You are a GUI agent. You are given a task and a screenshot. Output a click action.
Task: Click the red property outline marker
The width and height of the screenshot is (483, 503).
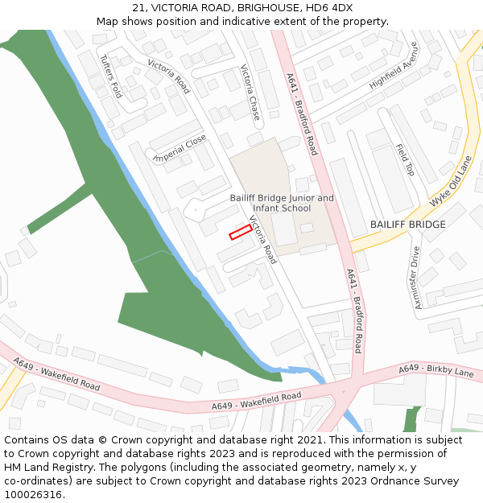tap(241, 232)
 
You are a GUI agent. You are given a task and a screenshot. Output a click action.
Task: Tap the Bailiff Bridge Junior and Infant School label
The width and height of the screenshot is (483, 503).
tap(282, 203)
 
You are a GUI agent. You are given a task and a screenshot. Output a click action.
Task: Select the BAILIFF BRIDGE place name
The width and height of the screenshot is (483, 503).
tap(407, 225)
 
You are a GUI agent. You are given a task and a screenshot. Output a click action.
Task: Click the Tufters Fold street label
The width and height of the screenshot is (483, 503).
tap(110, 76)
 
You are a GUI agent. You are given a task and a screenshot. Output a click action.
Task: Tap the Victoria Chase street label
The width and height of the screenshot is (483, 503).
tap(250, 93)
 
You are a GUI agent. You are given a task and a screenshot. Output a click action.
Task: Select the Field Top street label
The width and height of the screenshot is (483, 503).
tap(404, 160)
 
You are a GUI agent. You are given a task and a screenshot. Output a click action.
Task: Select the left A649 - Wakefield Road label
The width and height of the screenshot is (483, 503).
tap(56, 376)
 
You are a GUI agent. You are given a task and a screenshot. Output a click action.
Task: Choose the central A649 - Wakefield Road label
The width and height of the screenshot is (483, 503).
tap(256, 400)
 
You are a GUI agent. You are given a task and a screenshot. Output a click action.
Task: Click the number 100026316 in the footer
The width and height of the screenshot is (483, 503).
tap(35, 495)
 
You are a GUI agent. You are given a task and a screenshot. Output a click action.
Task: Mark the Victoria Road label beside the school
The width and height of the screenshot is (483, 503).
tap(262, 240)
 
